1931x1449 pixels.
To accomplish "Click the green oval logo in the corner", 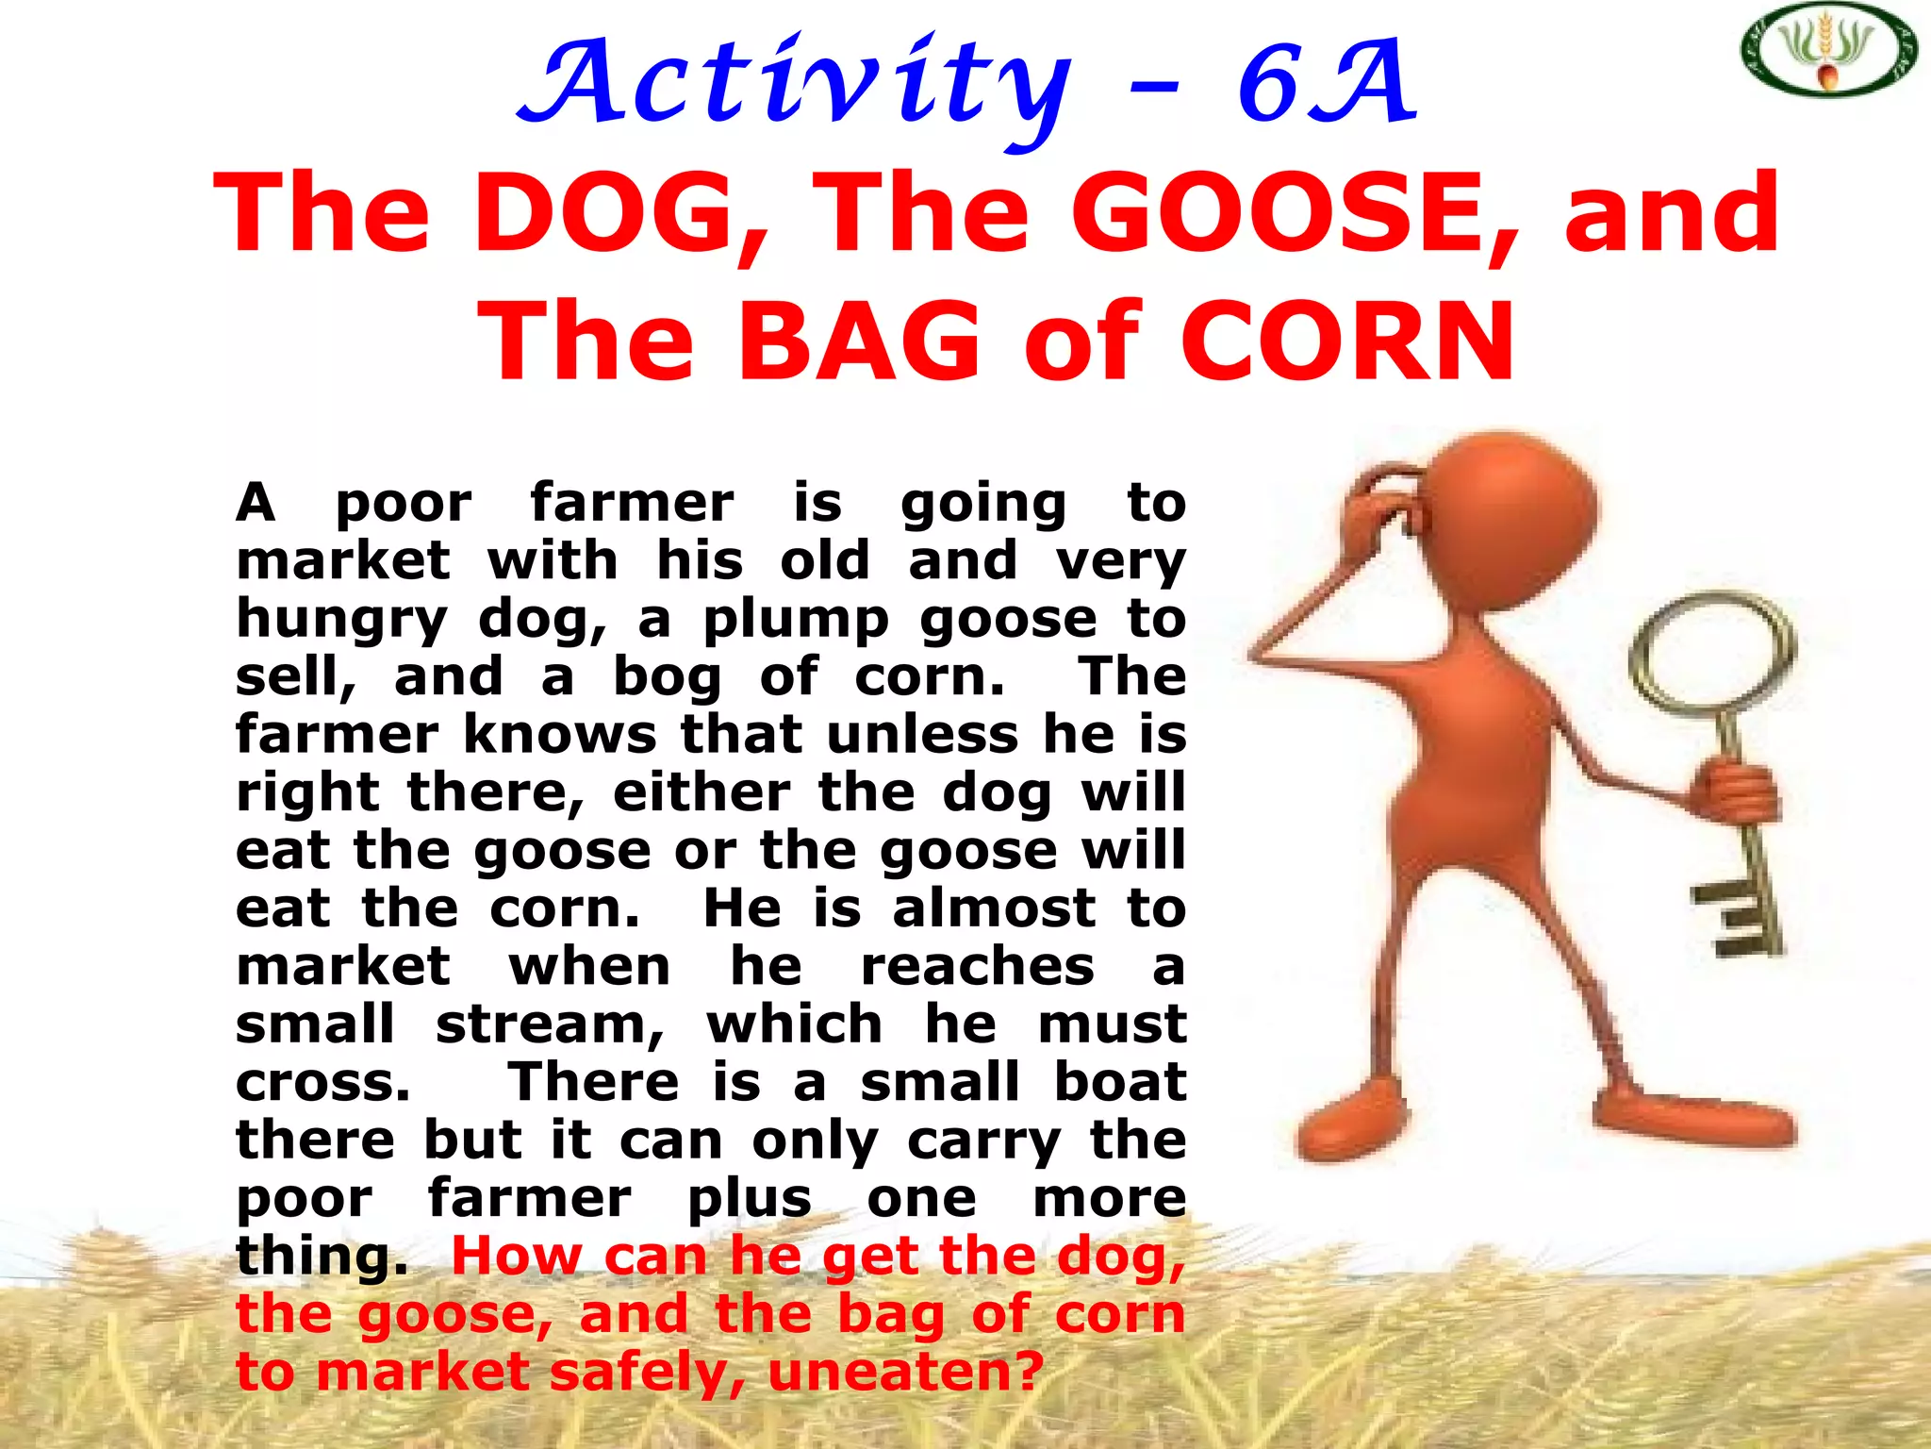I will click(1827, 49).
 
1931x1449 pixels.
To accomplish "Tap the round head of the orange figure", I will click(1509, 509).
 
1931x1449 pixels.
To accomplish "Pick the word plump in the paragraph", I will click(796, 621).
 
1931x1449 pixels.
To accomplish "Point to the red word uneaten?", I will click(906, 1373).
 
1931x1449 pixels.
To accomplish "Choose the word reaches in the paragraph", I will click(978, 968).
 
